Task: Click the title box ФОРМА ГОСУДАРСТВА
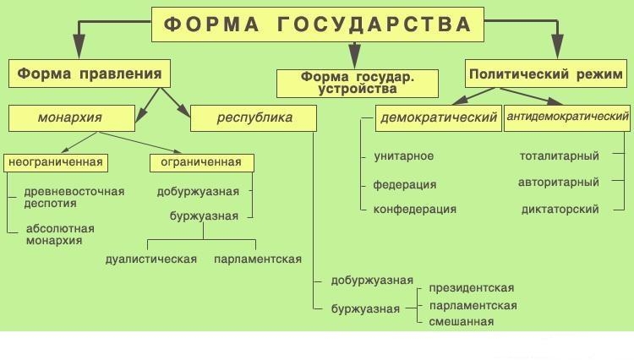pyautogui.click(x=318, y=25)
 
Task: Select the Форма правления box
pyautogui.click(x=90, y=74)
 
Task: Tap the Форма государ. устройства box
pyautogui.click(x=358, y=84)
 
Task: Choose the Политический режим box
pyautogui.click(x=546, y=74)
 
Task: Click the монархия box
pyautogui.click(x=72, y=118)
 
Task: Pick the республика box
pyautogui.click(x=254, y=118)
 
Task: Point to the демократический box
pyautogui.click(x=438, y=118)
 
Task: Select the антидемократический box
pyautogui.click(x=567, y=118)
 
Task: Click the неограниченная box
pyautogui.click(x=56, y=163)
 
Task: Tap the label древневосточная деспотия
pyautogui.click(x=74, y=197)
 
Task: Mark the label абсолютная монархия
pyautogui.click(x=60, y=235)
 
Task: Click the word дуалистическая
pyautogui.click(x=151, y=259)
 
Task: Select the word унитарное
pyautogui.click(x=403, y=156)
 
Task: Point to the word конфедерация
pyautogui.click(x=415, y=210)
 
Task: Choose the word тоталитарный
pyautogui.click(x=560, y=156)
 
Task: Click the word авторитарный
pyautogui.click(x=559, y=183)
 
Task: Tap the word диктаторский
pyautogui.click(x=560, y=210)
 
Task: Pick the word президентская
pyautogui.click(x=472, y=288)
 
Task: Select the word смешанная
pyautogui.click(x=462, y=322)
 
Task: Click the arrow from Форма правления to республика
pyautogui.click(x=176, y=102)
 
